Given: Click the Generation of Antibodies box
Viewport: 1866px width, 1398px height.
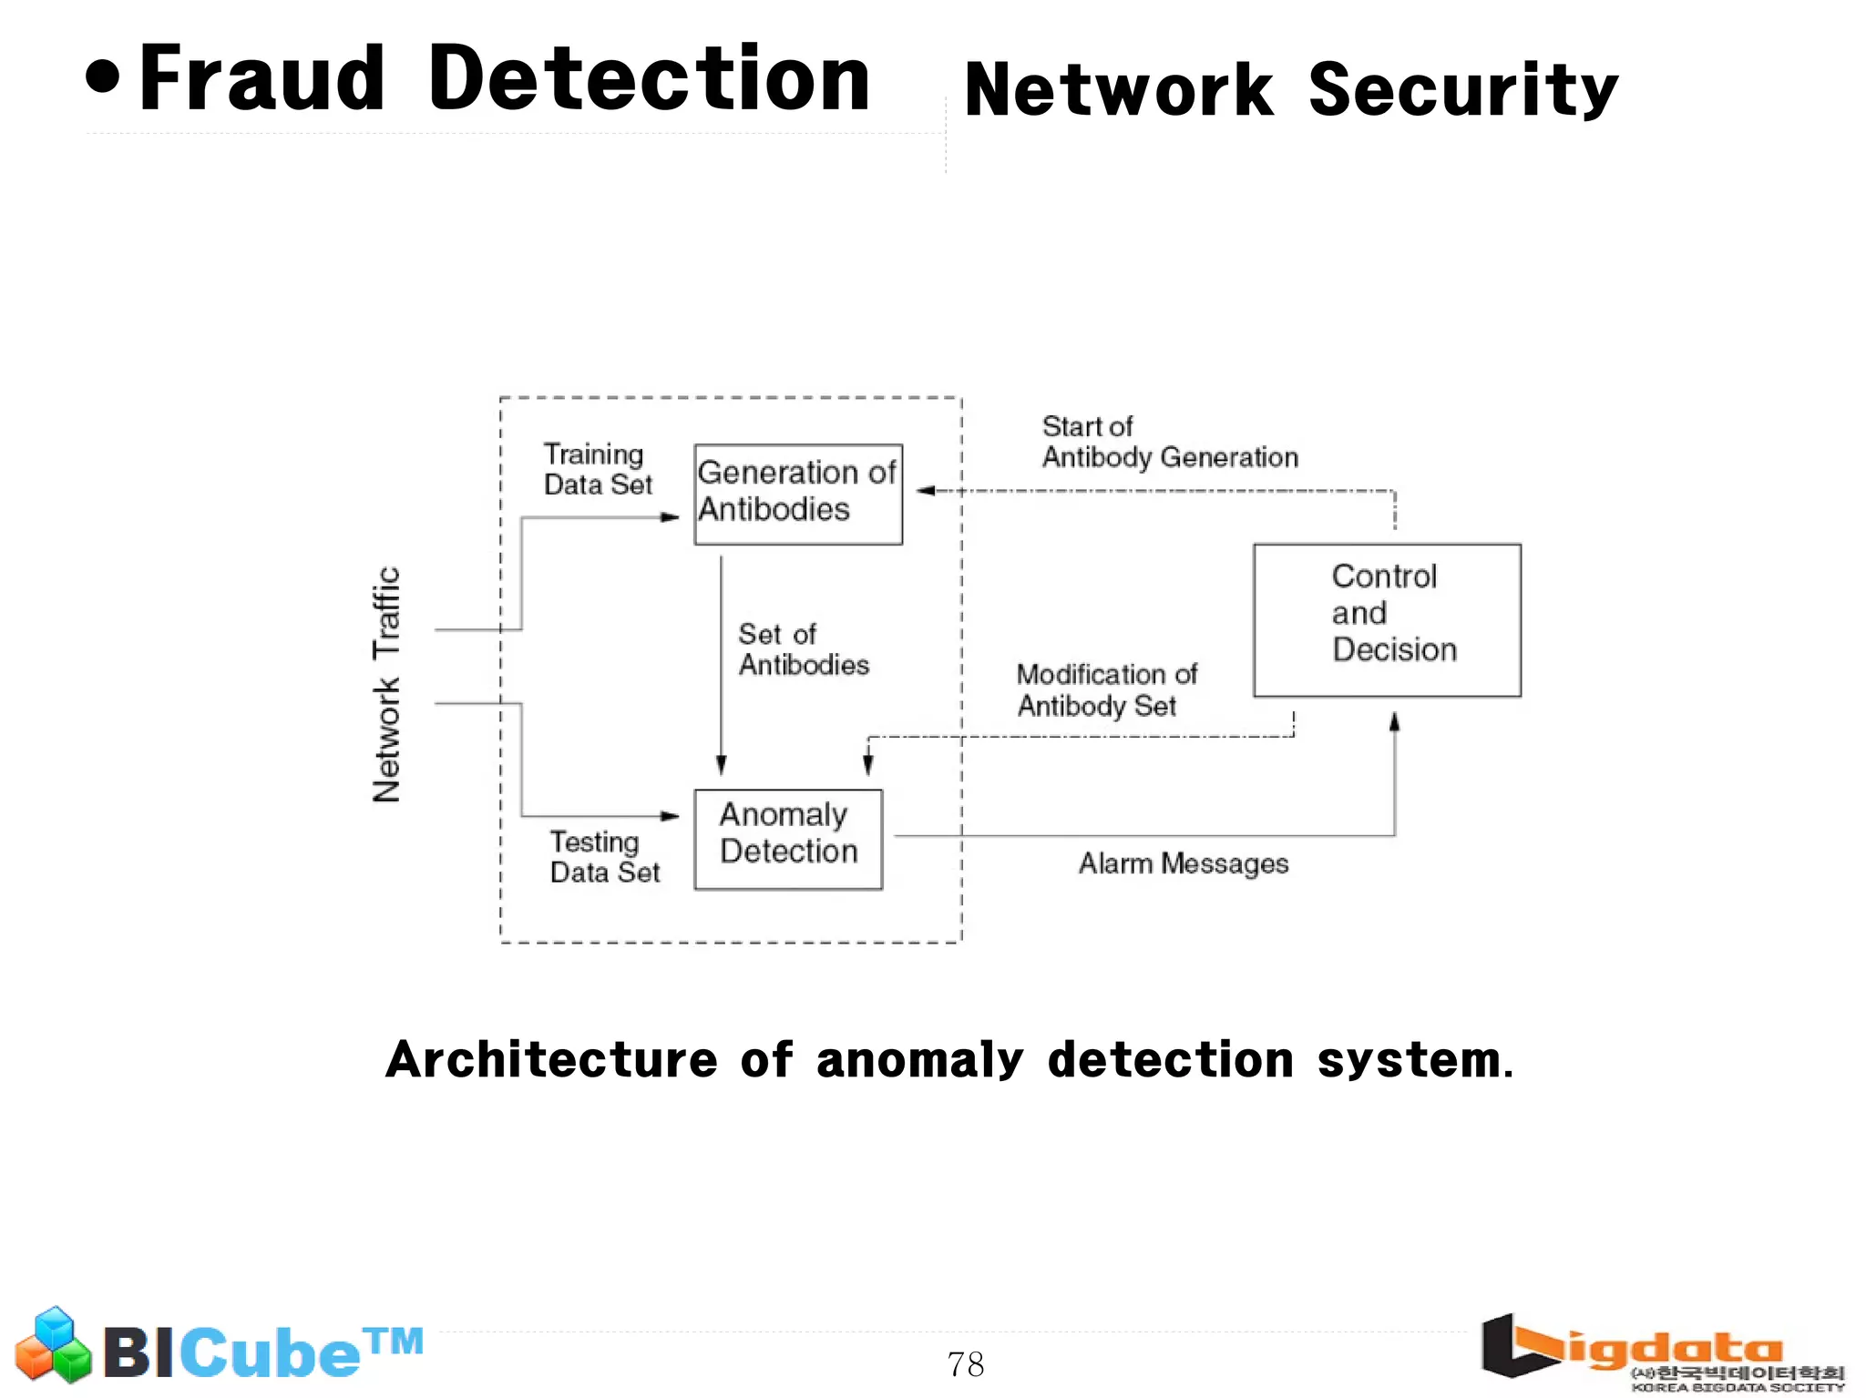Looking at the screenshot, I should click(798, 494).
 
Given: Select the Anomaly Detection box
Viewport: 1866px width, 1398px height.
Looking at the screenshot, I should click(788, 839).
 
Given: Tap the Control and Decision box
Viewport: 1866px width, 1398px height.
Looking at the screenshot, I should click(1387, 620).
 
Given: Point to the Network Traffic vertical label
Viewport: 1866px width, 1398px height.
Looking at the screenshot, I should click(386, 684).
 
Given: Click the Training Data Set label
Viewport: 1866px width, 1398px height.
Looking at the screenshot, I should click(598, 469).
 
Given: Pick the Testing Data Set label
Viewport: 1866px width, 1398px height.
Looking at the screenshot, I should click(604, 857).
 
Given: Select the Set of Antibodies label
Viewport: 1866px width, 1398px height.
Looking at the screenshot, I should click(803, 649).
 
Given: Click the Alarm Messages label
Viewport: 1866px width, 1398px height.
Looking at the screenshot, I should click(1184, 863).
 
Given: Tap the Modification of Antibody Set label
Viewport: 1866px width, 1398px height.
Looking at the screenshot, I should click(1106, 689).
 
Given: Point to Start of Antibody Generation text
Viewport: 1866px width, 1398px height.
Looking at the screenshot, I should click(1169, 442).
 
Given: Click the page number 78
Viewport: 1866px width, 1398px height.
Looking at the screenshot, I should click(965, 1364).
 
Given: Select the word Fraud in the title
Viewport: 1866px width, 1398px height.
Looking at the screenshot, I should click(262, 80).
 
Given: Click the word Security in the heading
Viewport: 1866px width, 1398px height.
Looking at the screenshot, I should click(1462, 90).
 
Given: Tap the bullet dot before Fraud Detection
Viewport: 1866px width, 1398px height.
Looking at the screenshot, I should click(103, 77).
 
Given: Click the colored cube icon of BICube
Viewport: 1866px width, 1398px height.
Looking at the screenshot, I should click(54, 1345).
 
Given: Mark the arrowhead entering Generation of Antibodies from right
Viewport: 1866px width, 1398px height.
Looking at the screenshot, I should click(926, 491).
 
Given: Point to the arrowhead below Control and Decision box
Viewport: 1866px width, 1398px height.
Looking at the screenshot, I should click(1394, 722).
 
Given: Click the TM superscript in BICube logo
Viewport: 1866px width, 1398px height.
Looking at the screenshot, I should click(394, 1341).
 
